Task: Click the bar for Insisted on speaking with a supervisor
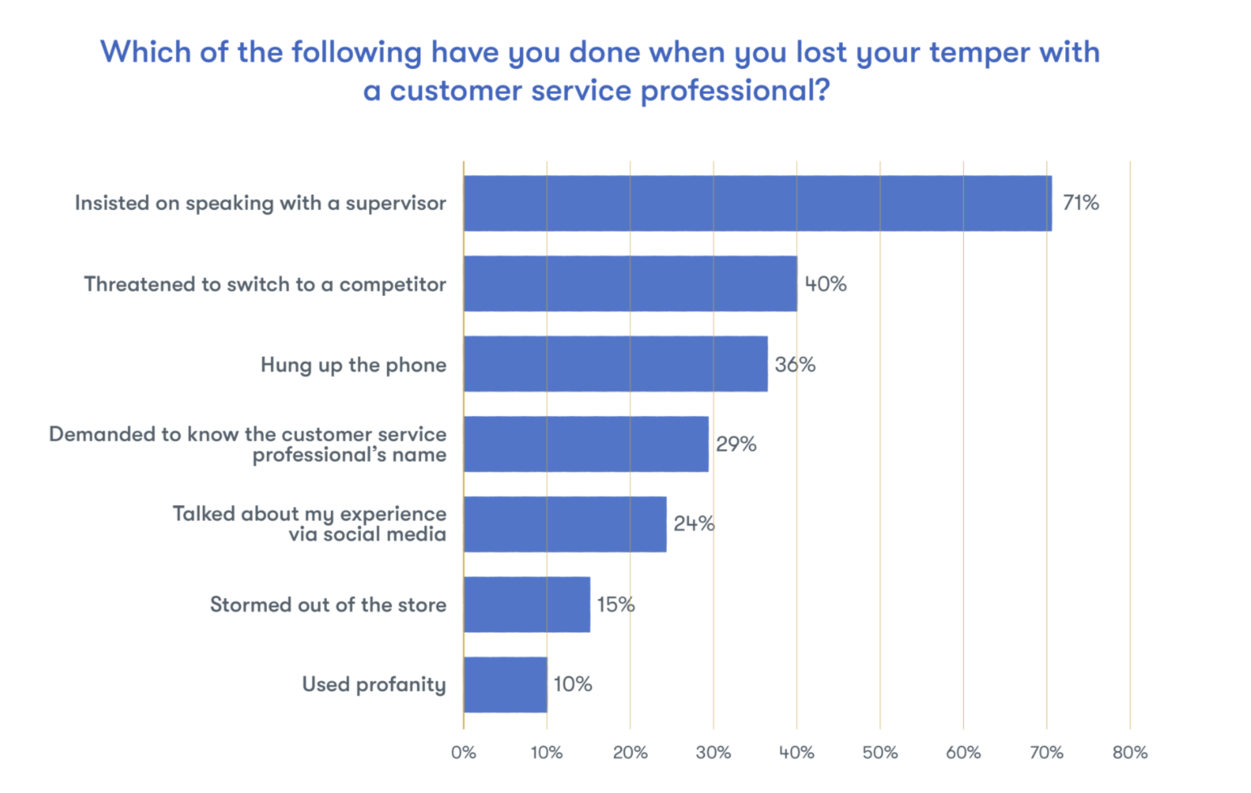[758, 203]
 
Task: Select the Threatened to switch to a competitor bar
[630, 284]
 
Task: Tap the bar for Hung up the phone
[616, 364]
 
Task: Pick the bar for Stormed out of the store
[527, 604]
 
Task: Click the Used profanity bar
[505, 684]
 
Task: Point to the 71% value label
[1081, 203]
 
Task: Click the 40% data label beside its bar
[826, 284]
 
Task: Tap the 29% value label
[736, 444]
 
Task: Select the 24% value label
[694, 524]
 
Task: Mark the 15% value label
[616, 604]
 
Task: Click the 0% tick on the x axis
[463, 752]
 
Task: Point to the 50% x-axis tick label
[880, 752]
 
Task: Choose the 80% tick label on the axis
[1130, 752]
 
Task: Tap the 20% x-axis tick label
[630, 752]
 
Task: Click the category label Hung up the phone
[353, 365]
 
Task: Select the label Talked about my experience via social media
[310, 524]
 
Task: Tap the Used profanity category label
[374, 684]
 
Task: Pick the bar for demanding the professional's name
[586, 444]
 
